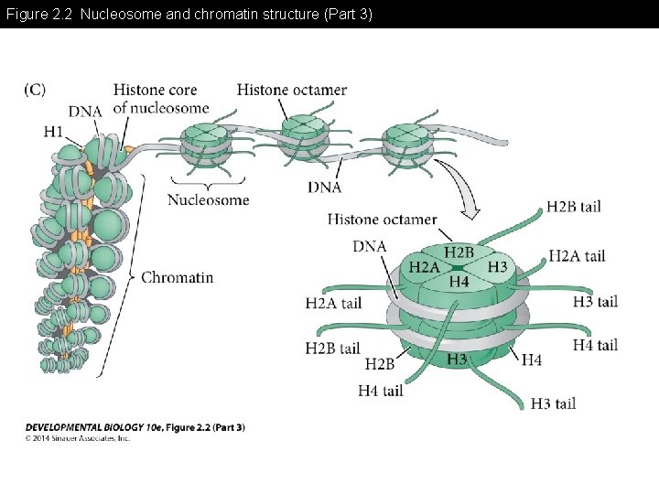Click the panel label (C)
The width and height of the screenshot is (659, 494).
pyautogui.click(x=34, y=90)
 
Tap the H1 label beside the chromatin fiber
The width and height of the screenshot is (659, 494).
pyautogui.click(x=54, y=132)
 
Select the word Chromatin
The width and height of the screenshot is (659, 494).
pyautogui.click(x=177, y=277)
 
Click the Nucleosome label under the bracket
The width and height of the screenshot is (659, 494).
pyautogui.click(x=208, y=199)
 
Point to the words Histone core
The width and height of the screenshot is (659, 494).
pyautogui.click(x=155, y=90)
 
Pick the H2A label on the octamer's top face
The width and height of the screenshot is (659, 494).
pyautogui.click(x=424, y=266)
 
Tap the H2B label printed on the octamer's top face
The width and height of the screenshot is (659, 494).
pyautogui.click(x=459, y=252)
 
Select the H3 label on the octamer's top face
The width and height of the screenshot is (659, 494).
pyautogui.click(x=497, y=266)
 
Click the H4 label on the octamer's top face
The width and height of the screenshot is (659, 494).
pyautogui.click(x=459, y=282)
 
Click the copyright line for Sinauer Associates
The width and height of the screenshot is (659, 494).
pyautogui.click(x=78, y=438)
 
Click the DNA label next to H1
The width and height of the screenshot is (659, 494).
pyautogui.click(x=84, y=112)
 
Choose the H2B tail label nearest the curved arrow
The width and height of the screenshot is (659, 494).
pyautogui.click(x=573, y=207)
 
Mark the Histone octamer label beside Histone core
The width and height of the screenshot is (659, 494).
pyautogui.click(x=291, y=90)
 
